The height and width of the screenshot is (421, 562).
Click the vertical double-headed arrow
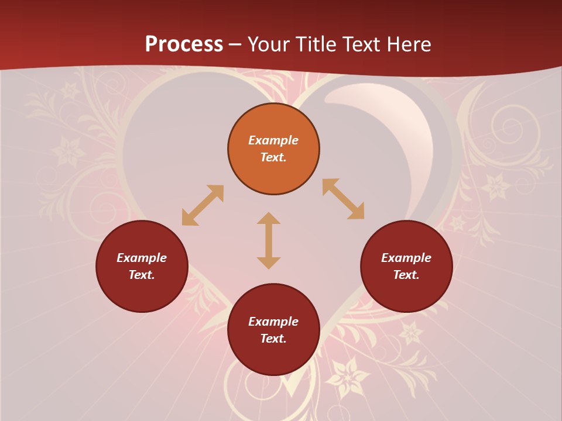pos(269,240)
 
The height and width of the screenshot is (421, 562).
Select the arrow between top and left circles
pos(203,205)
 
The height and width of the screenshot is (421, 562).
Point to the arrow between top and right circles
pos(344,199)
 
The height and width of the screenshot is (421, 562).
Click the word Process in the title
pos(184,44)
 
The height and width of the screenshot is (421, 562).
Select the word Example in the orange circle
pos(273,140)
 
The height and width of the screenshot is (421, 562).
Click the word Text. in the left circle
pos(142,275)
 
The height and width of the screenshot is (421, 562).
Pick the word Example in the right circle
pos(406,258)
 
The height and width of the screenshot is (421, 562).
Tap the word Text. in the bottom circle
pos(273,339)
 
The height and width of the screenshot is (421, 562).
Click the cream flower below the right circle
pos(411,333)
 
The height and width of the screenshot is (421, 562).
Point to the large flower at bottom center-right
pos(348,378)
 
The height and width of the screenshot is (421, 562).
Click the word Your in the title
pos(268,44)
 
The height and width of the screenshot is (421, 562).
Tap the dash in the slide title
pos(235,44)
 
